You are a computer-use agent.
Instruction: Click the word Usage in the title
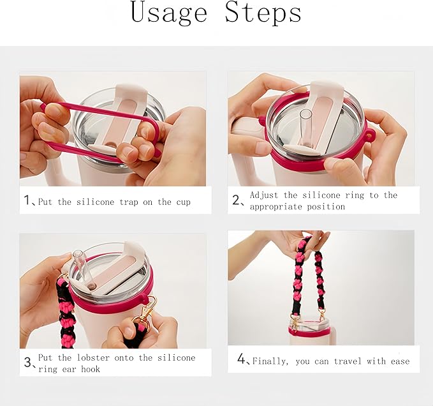coord(169,14)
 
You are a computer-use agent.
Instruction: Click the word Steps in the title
coord(263,14)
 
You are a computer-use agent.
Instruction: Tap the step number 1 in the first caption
coord(27,201)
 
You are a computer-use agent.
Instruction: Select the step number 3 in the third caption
coord(28,363)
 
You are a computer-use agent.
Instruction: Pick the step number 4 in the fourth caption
coord(242,359)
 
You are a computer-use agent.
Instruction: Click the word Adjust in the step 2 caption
coord(265,195)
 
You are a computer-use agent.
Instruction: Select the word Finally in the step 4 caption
coord(270,361)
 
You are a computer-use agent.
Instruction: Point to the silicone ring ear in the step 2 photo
coord(369,135)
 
